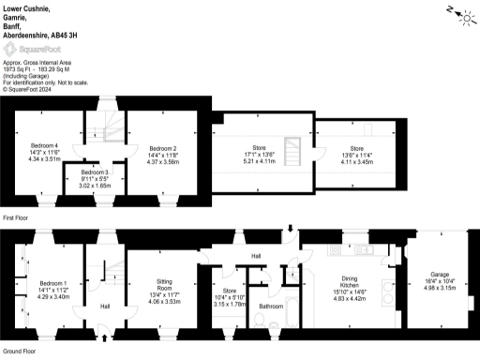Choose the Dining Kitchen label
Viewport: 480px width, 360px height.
(343, 283)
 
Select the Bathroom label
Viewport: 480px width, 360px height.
(271, 306)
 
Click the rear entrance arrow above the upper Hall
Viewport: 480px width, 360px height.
(292, 228)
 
